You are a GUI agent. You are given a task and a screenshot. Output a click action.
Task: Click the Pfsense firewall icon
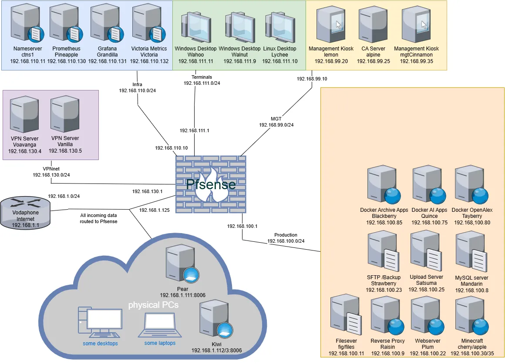211,184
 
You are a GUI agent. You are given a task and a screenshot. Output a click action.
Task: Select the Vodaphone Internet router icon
25,213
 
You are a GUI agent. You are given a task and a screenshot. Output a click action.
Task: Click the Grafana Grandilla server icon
107,23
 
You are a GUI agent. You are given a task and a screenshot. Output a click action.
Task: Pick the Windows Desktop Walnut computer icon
240,27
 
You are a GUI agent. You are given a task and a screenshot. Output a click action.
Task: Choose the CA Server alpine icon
373,24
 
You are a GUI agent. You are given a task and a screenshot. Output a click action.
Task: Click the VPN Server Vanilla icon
65,114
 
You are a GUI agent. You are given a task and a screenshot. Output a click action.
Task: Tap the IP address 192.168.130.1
147,191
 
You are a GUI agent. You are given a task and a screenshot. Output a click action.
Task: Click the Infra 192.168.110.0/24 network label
137,87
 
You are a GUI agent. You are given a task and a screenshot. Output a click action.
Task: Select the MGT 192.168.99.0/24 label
276,122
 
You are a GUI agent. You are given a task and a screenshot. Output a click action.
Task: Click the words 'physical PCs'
153,305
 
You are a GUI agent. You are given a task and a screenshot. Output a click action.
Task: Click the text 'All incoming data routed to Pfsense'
98,218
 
